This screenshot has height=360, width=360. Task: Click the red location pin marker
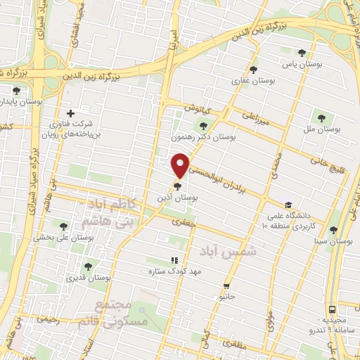[181, 165]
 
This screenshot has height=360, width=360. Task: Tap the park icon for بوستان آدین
[177, 187]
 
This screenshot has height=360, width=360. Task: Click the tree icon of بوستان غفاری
[253, 69]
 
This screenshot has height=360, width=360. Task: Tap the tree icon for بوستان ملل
[321, 117]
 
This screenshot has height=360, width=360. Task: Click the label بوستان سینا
[334, 241]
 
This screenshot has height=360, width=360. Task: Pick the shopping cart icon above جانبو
[226, 285]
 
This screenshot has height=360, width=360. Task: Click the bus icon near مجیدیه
[331, 309]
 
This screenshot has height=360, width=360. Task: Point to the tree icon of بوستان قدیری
[87, 266]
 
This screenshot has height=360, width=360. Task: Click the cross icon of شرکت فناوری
[70, 113]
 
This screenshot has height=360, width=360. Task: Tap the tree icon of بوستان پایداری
[16, 90]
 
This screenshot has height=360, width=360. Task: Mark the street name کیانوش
[199, 110]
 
